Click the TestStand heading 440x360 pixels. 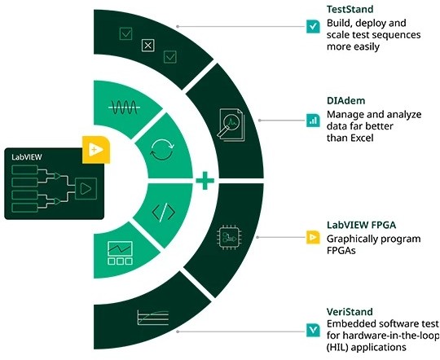(350, 9)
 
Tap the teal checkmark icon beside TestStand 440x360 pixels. (313, 27)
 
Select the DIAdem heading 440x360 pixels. (345, 101)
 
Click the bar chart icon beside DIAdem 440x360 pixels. (313, 121)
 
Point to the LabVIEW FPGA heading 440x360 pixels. (361, 225)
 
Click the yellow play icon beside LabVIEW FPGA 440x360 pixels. (313, 237)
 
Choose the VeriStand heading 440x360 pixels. (350, 312)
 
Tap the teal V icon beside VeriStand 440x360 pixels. (313, 330)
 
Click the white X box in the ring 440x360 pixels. (147, 46)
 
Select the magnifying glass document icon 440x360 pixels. (231, 125)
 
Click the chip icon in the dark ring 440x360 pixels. (229, 237)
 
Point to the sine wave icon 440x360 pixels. (125, 108)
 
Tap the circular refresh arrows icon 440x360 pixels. (162, 150)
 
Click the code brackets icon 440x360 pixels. (163, 212)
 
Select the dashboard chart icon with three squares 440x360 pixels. (120, 252)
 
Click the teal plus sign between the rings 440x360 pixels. (205, 181)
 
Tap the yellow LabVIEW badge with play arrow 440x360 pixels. (96, 150)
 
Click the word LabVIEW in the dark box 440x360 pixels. (27, 157)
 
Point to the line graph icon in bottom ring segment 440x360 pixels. (153, 318)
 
